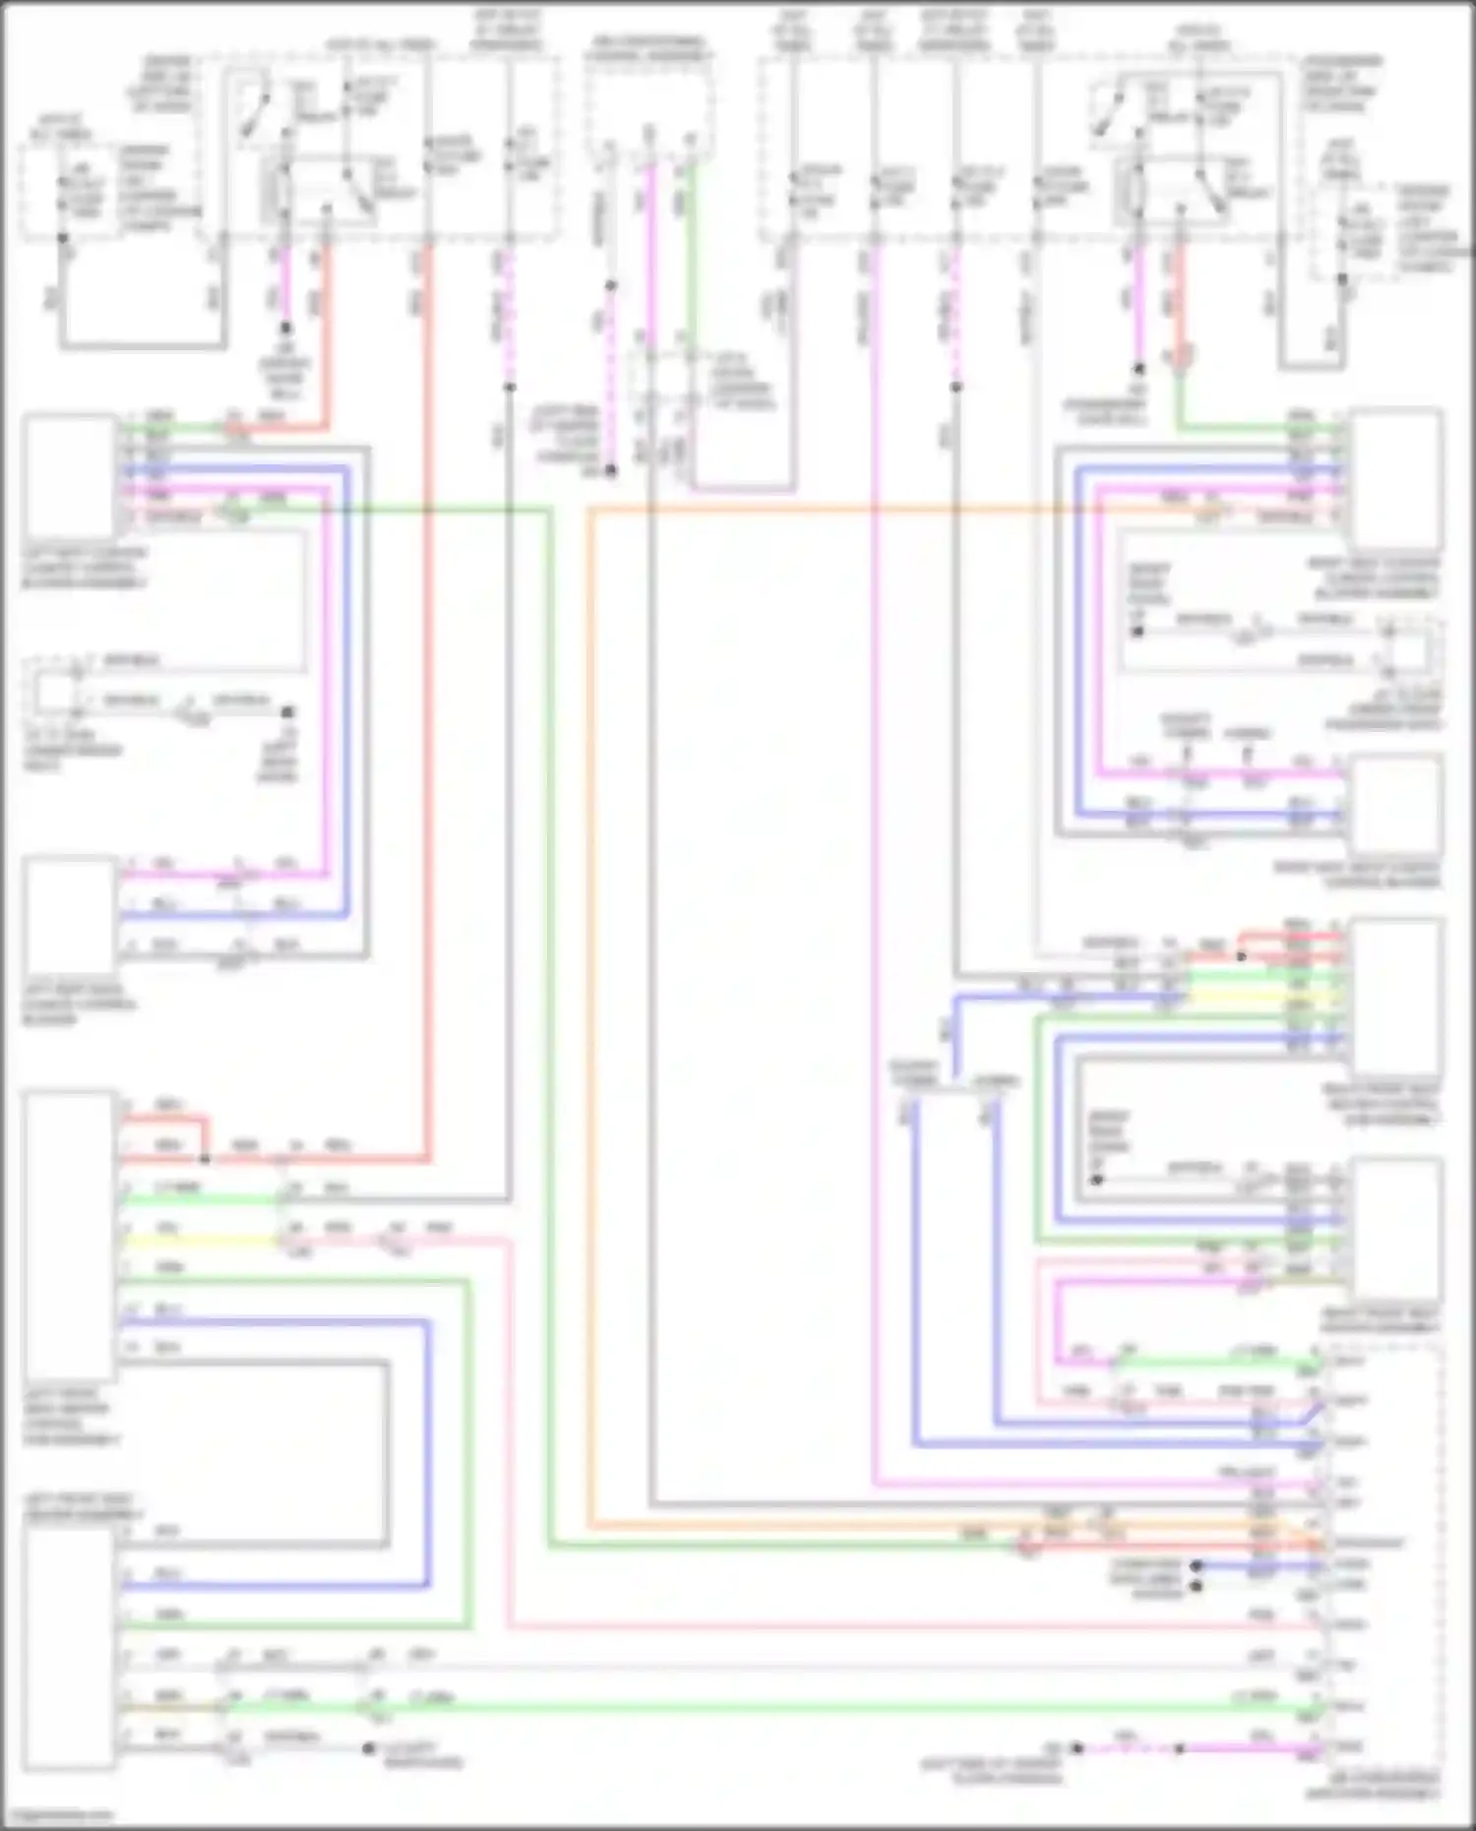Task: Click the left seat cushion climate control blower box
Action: coord(70,476)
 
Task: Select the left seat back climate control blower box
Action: coord(70,915)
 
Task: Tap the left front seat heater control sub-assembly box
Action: coord(70,1235)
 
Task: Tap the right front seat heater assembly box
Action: coord(1396,1230)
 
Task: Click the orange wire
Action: coord(590,984)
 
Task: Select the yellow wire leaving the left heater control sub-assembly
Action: coord(197,1241)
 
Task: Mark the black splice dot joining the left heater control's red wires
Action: coord(205,1159)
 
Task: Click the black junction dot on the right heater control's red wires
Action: coord(1242,955)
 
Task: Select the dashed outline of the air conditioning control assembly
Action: coord(587,108)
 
